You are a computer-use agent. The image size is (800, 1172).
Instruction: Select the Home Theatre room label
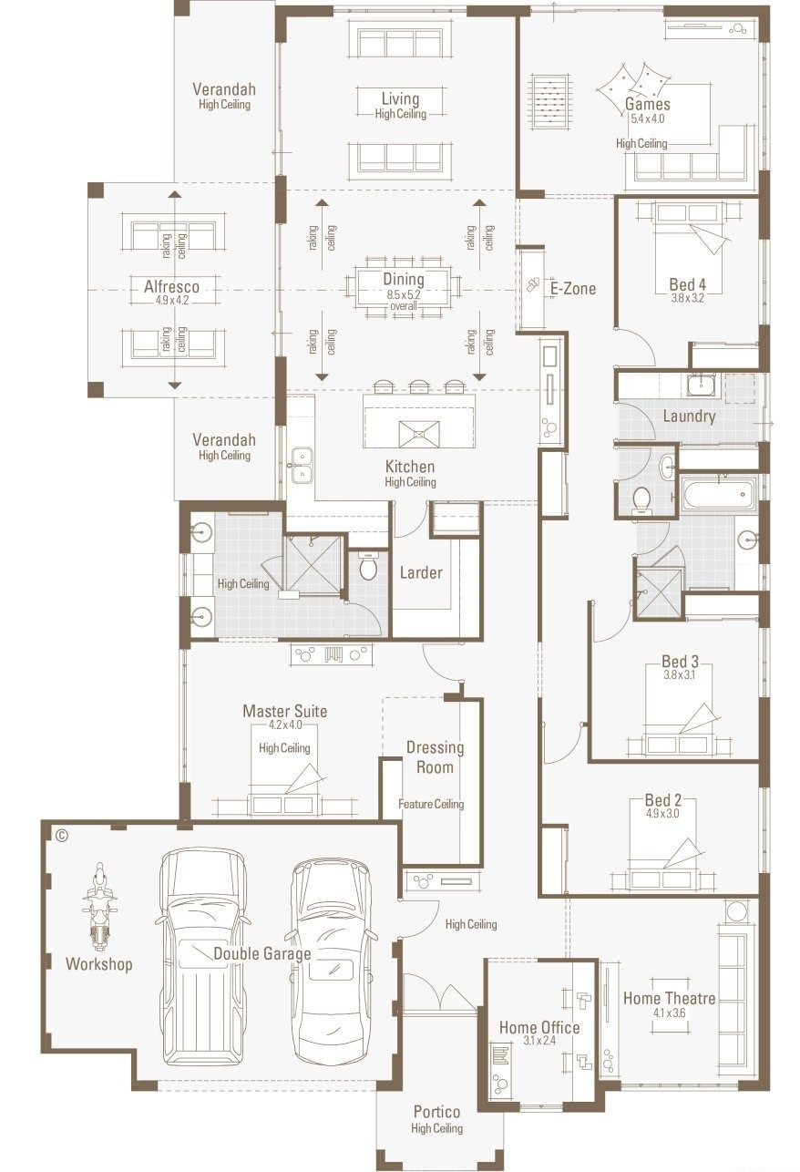point(669,998)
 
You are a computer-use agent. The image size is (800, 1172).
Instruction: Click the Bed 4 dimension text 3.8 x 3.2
point(687,298)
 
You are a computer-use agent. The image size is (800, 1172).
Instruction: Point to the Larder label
point(421,572)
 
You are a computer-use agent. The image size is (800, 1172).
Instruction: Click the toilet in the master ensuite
point(368,567)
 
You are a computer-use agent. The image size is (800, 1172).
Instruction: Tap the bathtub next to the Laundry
point(716,493)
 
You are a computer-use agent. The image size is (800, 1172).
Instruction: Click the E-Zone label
point(572,289)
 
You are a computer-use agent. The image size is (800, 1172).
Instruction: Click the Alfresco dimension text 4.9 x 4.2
point(171,300)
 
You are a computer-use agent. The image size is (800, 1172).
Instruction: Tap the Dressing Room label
point(435,756)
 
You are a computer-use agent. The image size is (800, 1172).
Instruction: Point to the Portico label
point(436,1112)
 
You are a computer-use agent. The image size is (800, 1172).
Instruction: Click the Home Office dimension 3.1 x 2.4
point(538,1041)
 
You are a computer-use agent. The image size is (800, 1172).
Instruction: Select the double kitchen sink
point(301,464)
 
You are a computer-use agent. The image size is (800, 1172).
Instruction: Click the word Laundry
point(689,416)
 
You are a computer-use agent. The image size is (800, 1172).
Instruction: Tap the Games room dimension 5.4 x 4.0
point(647,118)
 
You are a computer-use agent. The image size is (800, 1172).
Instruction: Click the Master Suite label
point(284,711)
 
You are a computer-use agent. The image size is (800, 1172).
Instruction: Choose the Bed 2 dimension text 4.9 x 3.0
point(662,814)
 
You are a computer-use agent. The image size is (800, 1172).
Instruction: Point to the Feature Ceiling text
point(431,804)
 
